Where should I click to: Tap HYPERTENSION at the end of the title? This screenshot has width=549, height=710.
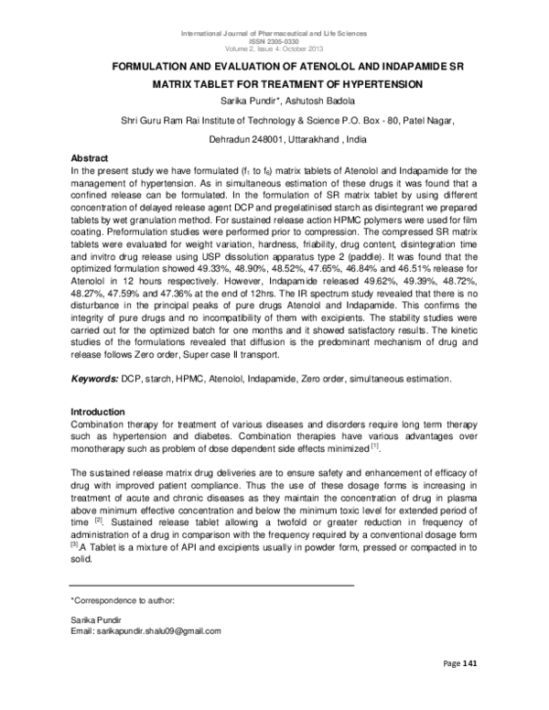pyautogui.click(x=375, y=85)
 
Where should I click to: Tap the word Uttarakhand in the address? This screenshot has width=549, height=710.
pyautogui.click(x=315, y=138)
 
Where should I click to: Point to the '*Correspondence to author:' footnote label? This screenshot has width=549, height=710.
pyautogui.click(x=123, y=599)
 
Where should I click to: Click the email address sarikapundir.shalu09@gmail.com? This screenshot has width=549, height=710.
pyautogui.click(x=146, y=631)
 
